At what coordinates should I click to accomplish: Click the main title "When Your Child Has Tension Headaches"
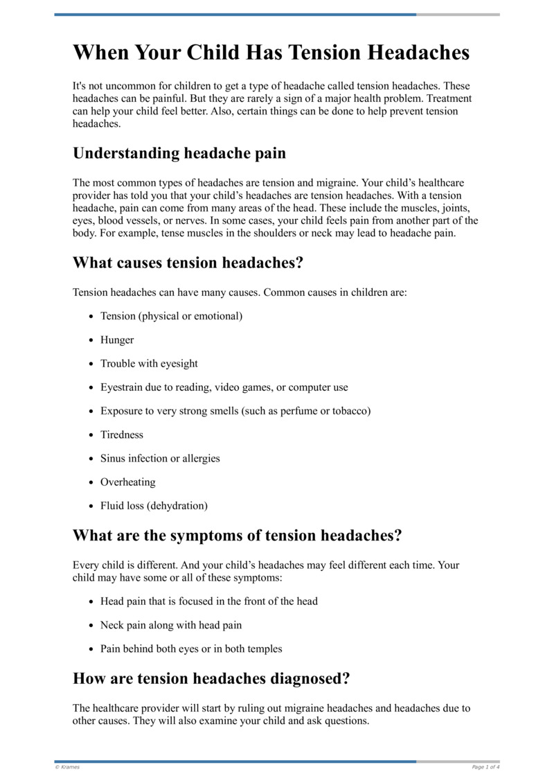[271, 53]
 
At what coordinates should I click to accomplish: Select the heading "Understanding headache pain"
[179, 153]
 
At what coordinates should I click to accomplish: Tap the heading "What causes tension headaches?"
[188, 263]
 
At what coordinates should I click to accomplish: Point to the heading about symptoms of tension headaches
[237, 536]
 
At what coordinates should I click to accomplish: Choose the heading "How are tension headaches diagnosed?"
[211, 678]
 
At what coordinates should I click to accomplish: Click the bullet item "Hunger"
[117, 340]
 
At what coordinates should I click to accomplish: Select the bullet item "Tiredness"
[122, 434]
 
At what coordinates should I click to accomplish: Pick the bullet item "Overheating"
[127, 482]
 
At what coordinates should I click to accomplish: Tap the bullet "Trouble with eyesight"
[149, 363]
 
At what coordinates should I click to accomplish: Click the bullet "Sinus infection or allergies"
[160, 458]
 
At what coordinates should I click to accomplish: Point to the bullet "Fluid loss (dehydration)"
[154, 505]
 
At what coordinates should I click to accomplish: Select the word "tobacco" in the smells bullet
[349, 411]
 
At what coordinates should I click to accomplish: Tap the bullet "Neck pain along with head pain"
[171, 625]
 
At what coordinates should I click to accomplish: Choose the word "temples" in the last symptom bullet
[262, 649]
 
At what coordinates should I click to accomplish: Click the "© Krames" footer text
[67, 767]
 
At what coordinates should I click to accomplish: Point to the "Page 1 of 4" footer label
[485, 767]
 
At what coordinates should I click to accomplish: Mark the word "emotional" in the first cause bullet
[217, 316]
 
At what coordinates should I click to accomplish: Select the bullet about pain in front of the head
[208, 601]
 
